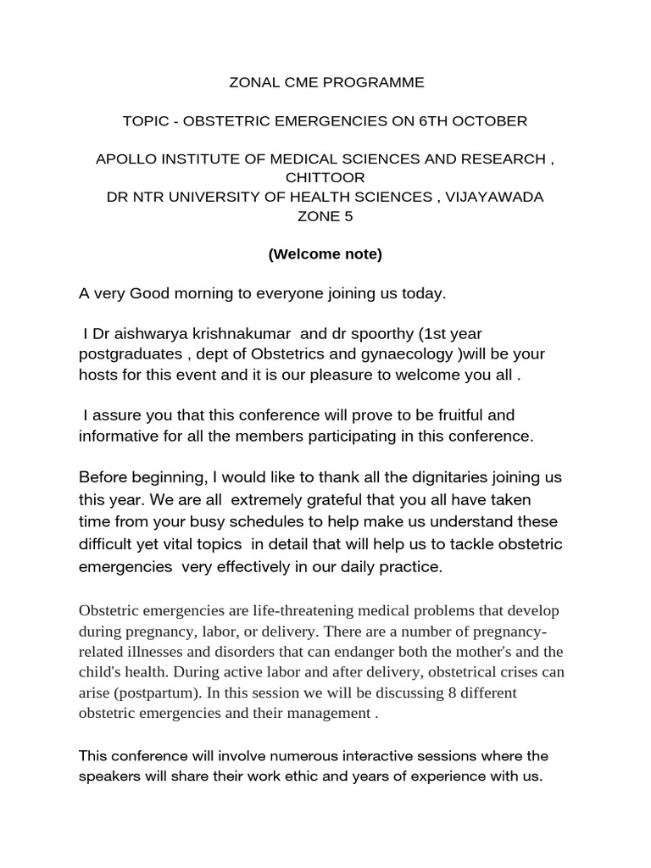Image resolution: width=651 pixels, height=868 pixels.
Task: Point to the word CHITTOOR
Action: click(325, 178)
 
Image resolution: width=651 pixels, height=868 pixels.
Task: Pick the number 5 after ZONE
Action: click(348, 216)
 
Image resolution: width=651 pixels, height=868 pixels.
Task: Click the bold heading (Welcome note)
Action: click(325, 254)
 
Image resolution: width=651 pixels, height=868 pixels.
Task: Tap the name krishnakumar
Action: click(236, 334)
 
